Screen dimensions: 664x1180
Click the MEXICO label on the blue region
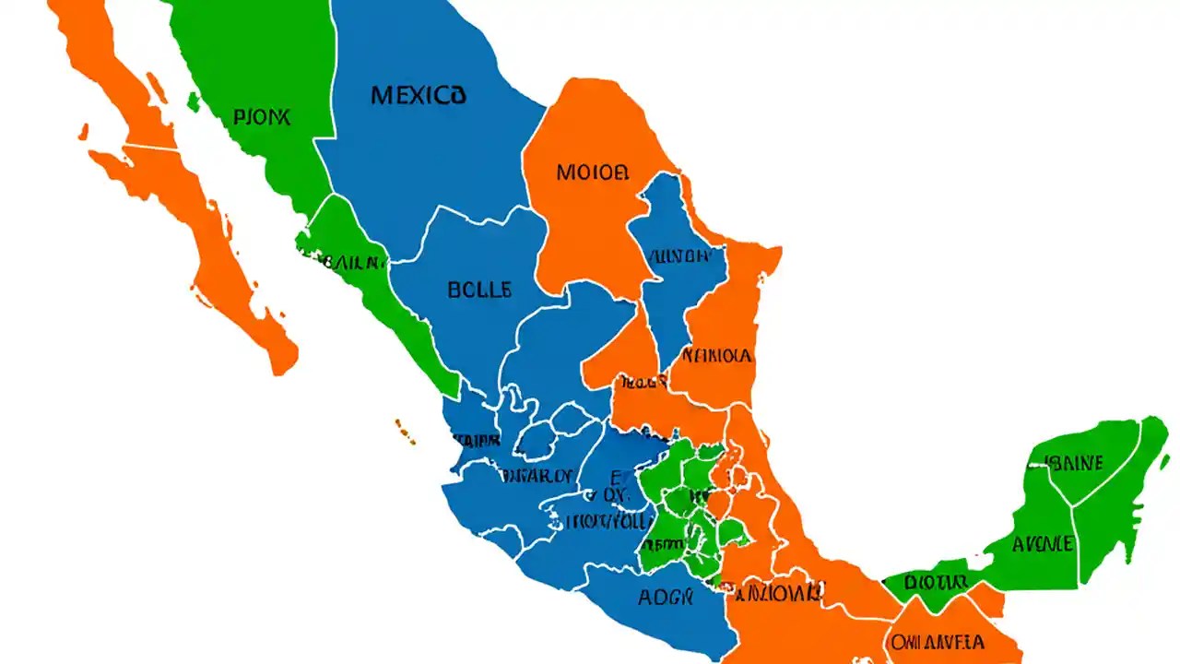point(418,95)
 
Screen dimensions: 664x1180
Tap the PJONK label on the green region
point(262,117)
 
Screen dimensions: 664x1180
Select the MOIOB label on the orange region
point(593,172)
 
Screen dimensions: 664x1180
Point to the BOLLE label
point(478,290)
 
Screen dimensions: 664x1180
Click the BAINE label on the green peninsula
point(1075,463)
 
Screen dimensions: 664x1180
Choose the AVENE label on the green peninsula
point(1043,543)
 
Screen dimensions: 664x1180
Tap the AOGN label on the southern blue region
point(665,597)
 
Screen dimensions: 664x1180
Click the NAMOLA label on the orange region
point(717,355)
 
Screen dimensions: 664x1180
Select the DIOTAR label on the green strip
point(935,583)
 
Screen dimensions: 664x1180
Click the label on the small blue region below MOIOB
point(678,255)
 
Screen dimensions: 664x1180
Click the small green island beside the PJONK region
point(194,101)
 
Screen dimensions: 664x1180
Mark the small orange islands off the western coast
point(404,429)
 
